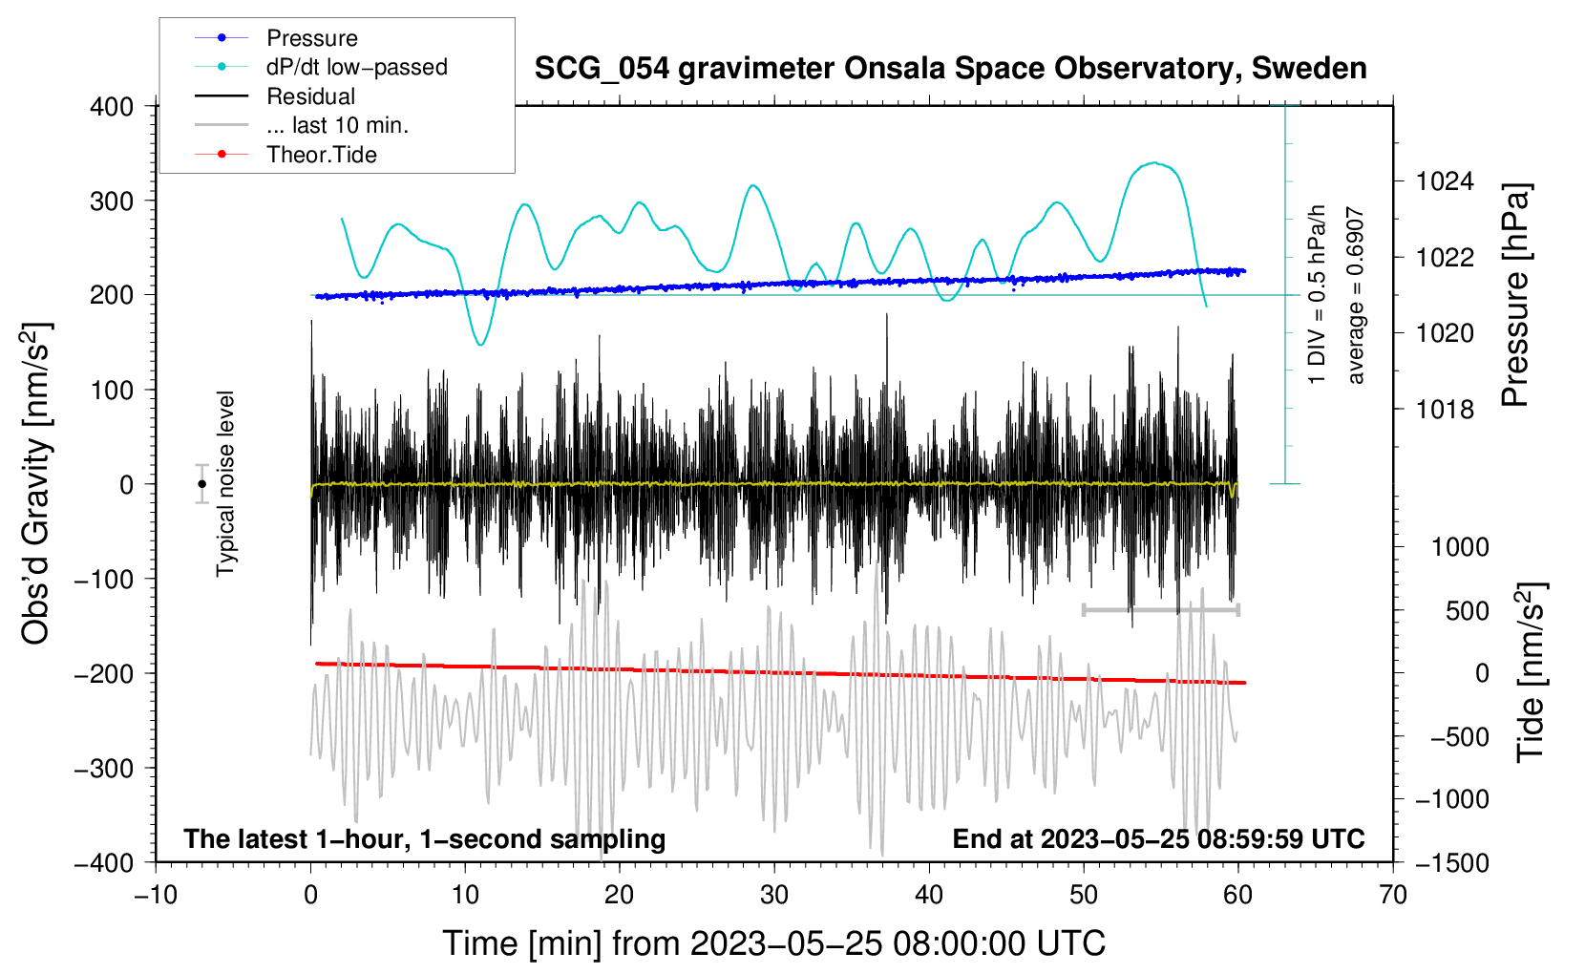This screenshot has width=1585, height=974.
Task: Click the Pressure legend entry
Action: pyautogui.click(x=277, y=37)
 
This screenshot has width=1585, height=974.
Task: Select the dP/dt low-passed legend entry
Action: pyautogui.click(x=321, y=67)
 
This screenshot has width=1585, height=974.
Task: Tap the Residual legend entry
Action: pyautogui.click(x=275, y=95)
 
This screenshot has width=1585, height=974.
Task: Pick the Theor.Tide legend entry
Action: pyautogui.click(x=285, y=155)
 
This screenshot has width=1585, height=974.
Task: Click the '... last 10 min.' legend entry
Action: pyautogui.click(x=302, y=125)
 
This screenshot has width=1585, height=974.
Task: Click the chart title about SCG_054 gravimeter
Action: pyautogui.click(x=950, y=69)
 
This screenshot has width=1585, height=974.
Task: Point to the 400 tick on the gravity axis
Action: pyautogui.click(x=112, y=107)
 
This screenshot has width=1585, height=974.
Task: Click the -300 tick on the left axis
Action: pyautogui.click(x=104, y=768)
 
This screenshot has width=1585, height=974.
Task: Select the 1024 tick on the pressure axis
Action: pyautogui.click(x=1445, y=182)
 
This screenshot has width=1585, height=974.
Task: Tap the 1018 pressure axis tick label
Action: pyautogui.click(x=1445, y=409)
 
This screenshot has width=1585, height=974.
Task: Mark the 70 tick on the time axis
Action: pyautogui.click(x=1392, y=895)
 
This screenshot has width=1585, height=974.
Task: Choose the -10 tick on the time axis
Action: pyautogui.click(x=156, y=895)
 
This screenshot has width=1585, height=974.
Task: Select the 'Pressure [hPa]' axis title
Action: pyautogui.click(x=1515, y=295)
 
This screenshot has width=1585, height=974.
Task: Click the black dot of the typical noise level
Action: pyautogui.click(x=202, y=484)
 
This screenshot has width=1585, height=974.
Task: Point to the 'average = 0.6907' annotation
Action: pyautogui.click(x=1355, y=295)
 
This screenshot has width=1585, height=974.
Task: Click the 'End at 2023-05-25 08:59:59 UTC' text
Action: pyautogui.click(x=1158, y=838)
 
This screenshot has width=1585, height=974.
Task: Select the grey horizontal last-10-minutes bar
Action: pyautogui.click(x=1160, y=609)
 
